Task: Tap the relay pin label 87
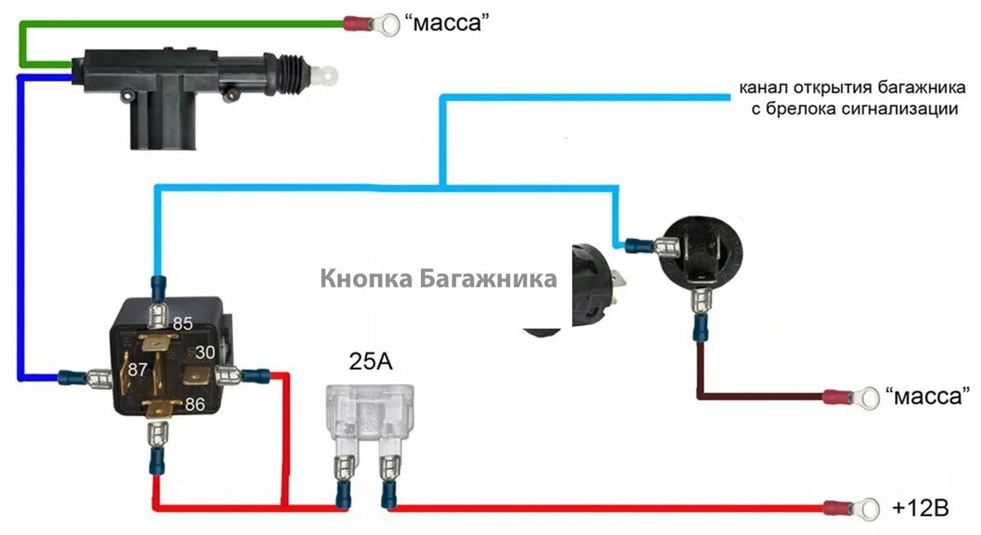(137, 369)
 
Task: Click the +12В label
(921, 508)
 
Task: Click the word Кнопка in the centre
(365, 279)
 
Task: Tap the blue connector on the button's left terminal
(640, 243)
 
